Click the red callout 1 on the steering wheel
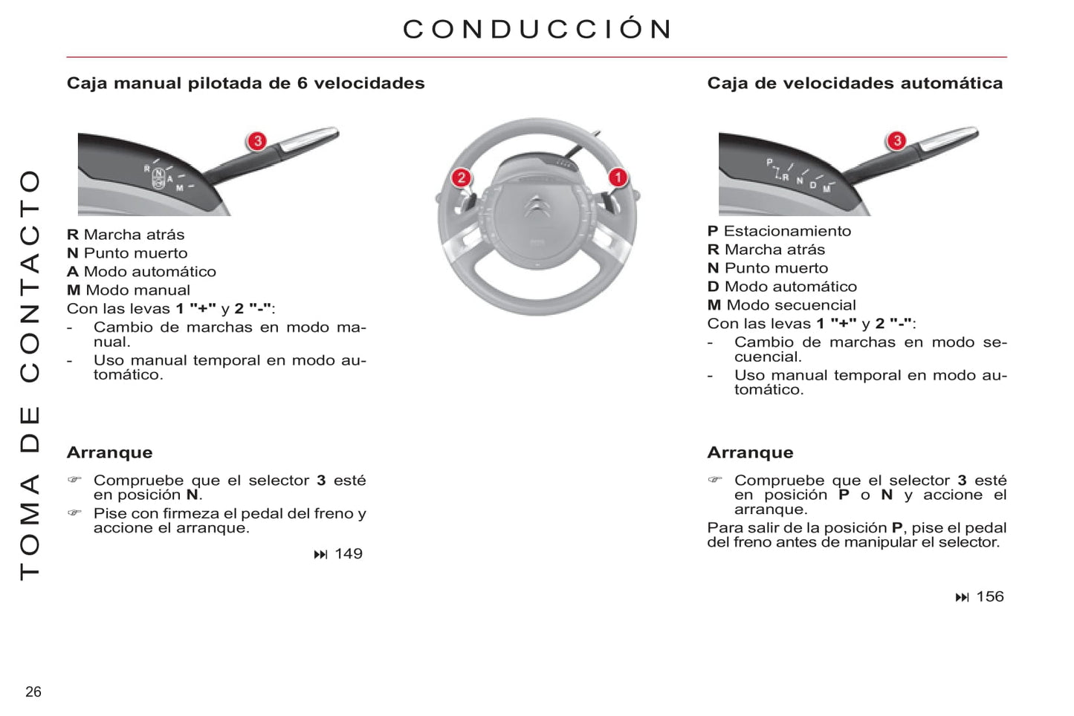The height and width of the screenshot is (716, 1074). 618,178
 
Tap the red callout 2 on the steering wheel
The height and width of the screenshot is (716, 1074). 462,178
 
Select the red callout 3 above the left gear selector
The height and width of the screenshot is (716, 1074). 257,141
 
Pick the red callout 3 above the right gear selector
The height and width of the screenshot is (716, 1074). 896,140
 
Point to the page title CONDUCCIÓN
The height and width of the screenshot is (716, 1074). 537,29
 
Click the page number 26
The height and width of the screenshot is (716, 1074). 33,691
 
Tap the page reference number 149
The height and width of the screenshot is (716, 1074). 349,553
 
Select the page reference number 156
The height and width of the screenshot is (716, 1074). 990,596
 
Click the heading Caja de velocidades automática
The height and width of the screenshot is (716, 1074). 855,83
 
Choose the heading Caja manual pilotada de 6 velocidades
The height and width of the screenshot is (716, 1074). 245,83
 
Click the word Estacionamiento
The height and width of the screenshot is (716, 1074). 787,231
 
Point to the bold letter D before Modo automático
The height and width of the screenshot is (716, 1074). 713,287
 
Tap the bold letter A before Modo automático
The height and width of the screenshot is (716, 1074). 72,272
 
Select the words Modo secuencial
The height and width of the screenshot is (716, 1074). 791,305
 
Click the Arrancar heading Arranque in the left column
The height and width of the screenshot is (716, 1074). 110,452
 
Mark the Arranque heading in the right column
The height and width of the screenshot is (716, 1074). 751,452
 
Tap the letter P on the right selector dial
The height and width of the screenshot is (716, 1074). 769,163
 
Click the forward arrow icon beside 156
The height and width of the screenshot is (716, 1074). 962,597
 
